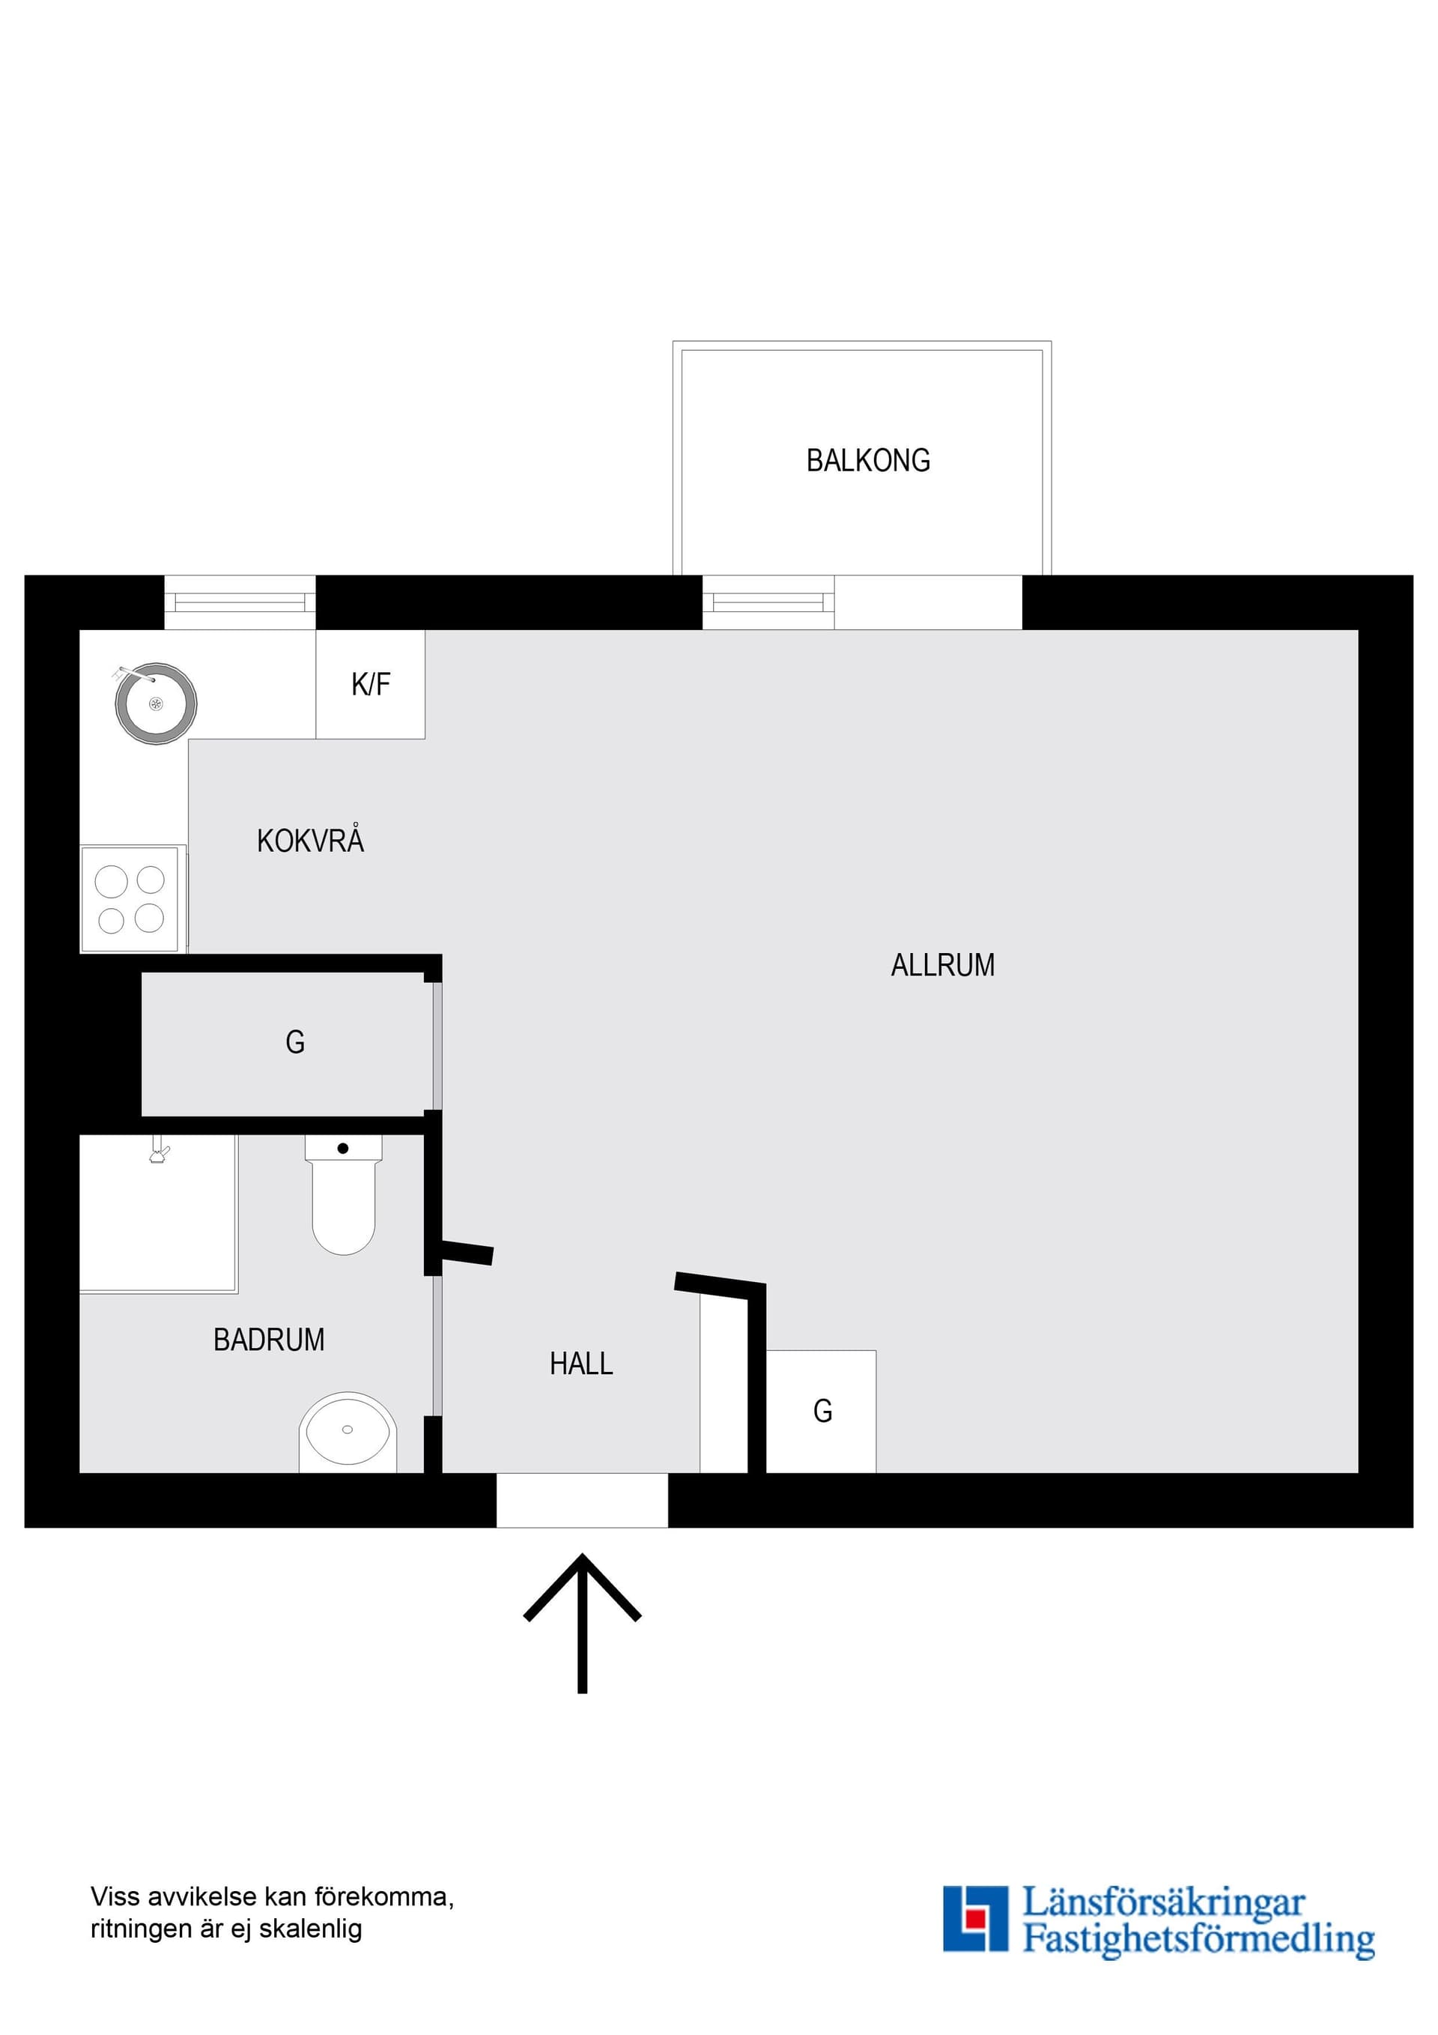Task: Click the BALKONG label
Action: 867,460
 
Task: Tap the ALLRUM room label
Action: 943,965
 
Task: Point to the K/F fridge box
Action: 370,684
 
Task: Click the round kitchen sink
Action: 156,704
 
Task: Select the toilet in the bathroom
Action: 344,1194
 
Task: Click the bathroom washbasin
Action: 348,1433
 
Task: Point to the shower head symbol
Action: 160,1149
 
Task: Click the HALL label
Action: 581,1363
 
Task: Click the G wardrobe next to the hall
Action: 822,1412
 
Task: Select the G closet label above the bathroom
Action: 295,1041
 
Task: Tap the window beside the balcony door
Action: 768,602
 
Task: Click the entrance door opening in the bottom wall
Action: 582,1501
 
